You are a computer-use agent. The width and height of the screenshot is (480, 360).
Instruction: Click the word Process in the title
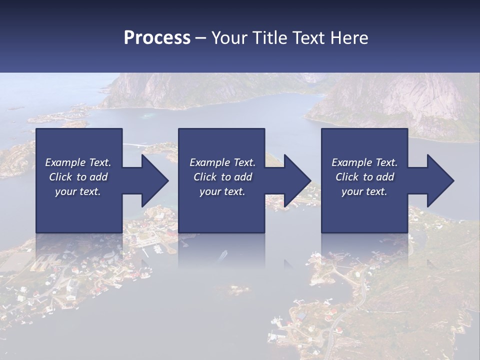coord(157,38)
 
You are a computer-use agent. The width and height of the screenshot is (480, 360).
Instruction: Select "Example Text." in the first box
coord(78,162)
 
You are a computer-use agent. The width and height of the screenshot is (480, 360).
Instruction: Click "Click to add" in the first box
coord(78,177)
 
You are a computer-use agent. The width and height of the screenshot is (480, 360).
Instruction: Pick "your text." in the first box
coord(78,191)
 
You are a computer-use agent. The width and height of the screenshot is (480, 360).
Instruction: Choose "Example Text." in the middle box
coord(222,162)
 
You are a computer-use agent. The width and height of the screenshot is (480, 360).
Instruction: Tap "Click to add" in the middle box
coord(222,177)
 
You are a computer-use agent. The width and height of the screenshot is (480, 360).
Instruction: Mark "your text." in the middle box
coord(222,191)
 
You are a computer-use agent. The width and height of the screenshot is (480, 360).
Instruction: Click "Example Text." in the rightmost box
coord(364,162)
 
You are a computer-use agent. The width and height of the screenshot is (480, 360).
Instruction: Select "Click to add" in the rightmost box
coord(364,177)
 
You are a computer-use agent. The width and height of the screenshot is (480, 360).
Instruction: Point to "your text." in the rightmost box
coord(364,191)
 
